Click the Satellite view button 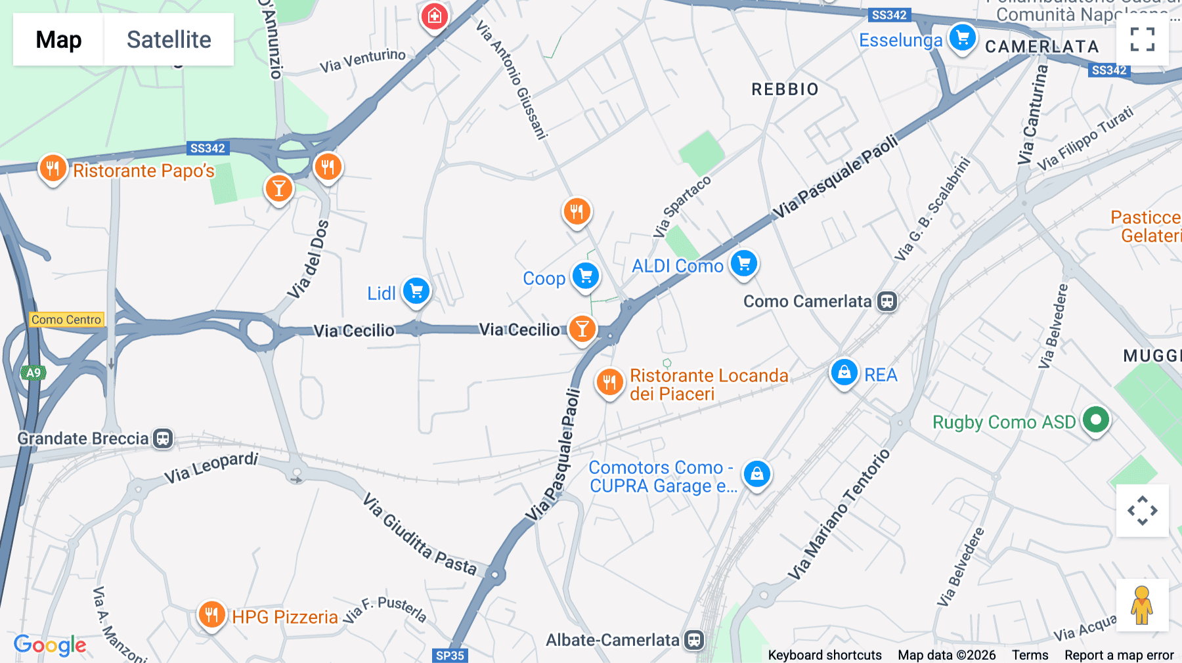coord(169,40)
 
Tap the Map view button coord(58,40)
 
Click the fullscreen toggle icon coord(1142,39)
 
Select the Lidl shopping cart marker coord(416,291)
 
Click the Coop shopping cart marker coord(585,276)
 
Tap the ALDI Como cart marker coord(744,264)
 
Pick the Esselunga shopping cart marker coord(963,37)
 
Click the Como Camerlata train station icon coord(887,301)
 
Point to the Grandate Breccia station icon coord(163,438)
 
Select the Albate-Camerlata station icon coord(694,640)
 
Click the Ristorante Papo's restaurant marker coord(53,169)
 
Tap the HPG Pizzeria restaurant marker coord(211,615)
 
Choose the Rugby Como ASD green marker coord(1095,419)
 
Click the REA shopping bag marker coord(844,372)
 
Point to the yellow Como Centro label coord(66,320)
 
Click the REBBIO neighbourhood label coord(785,89)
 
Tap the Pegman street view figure coord(1142,605)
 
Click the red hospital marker coord(434,16)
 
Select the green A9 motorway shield coord(33,373)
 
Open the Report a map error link coord(1119,655)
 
